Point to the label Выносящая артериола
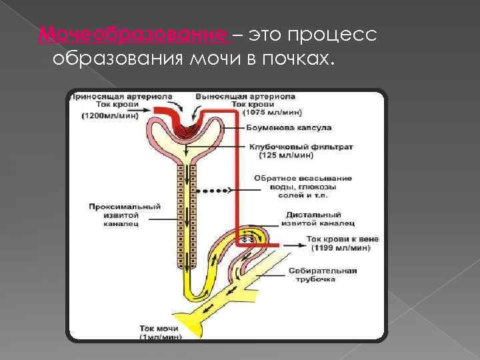[x=245, y=96]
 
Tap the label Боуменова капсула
[x=289, y=127]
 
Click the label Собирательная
[x=323, y=271]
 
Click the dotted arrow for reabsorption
[x=212, y=190]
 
